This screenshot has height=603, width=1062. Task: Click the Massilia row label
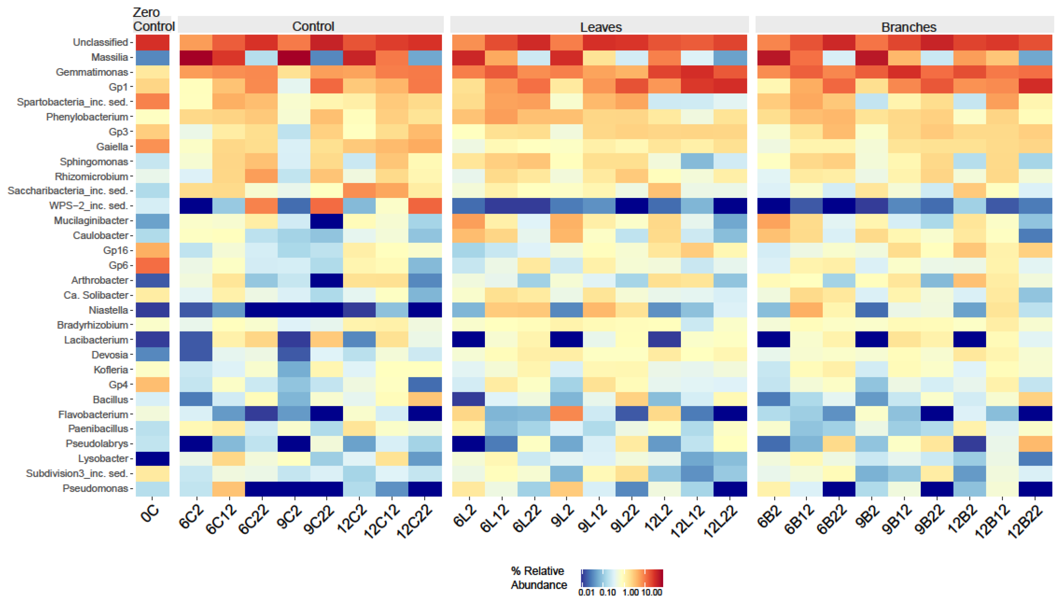(x=109, y=57)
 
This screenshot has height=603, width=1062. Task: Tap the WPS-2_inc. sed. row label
(x=88, y=206)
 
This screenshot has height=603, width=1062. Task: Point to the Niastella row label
(x=108, y=310)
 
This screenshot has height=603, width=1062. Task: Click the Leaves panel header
(x=600, y=27)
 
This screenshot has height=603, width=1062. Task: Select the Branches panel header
(x=908, y=27)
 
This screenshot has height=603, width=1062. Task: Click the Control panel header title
(x=313, y=27)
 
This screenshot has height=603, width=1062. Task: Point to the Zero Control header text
(x=153, y=19)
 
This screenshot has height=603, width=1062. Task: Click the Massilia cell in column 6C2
(x=196, y=58)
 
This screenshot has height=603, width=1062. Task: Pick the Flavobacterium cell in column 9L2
(x=566, y=414)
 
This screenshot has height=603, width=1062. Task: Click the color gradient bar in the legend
(x=621, y=578)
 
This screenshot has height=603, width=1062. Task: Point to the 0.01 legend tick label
(x=586, y=593)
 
